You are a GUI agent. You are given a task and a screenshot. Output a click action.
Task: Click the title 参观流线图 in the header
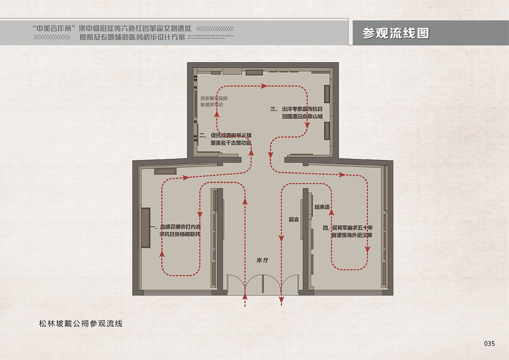click(396, 33)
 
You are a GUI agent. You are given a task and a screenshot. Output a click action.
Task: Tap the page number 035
click(489, 343)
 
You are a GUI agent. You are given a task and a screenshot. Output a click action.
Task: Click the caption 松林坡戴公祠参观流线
click(81, 323)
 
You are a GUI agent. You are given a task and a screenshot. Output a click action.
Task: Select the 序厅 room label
click(262, 260)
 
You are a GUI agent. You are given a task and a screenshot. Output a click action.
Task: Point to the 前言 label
click(294, 220)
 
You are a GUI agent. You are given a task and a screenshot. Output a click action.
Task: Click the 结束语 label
click(322, 207)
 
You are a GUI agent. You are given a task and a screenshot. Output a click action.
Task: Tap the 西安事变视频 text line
click(214, 98)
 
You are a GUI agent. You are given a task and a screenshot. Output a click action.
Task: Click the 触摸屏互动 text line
click(212, 105)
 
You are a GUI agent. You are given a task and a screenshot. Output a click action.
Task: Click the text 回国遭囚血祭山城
click(302, 116)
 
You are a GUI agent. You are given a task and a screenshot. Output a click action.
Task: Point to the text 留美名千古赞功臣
click(231, 143)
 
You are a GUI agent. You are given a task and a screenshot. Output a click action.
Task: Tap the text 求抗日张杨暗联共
click(180, 234)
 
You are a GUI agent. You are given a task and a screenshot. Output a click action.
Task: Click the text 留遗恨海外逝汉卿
click(352, 235)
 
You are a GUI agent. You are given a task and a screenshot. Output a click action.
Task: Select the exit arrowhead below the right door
click(281, 300)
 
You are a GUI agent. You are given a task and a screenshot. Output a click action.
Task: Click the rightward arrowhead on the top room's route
click(264, 86)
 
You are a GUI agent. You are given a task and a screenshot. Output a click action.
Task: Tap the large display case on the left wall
click(146, 228)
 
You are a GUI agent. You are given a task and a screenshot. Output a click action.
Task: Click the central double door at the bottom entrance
click(263, 284)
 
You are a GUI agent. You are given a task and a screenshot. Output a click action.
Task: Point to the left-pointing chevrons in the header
click(215, 28)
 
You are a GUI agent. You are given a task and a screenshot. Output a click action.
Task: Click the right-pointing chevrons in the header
click(52, 37)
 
